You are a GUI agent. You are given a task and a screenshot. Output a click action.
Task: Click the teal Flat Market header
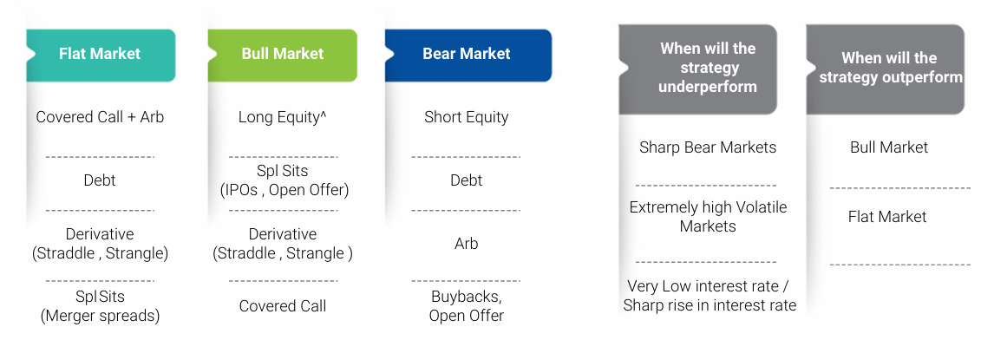[x=100, y=56]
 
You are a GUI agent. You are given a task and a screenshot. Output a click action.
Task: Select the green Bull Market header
[x=282, y=56]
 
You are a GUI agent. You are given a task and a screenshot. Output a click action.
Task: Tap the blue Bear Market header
[x=468, y=56]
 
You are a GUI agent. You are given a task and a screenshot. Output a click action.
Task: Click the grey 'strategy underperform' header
[x=698, y=69]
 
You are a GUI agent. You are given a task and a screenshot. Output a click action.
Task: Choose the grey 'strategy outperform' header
[x=886, y=69]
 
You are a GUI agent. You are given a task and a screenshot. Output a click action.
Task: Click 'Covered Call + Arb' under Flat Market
[x=100, y=117]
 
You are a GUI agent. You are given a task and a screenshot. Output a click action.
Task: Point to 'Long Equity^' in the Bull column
[x=283, y=118]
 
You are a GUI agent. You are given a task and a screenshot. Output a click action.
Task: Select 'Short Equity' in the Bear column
[x=467, y=118]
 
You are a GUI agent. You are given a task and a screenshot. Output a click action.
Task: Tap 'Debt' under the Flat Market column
[x=100, y=180]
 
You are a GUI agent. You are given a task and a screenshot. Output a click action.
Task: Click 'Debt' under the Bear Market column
[x=467, y=180]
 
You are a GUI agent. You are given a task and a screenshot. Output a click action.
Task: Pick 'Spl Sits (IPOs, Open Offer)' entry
[x=284, y=180]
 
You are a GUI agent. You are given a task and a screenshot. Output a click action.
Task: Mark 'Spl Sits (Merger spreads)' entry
[x=100, y=306]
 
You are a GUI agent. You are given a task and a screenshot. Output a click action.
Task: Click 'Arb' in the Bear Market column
[x=466, y=244]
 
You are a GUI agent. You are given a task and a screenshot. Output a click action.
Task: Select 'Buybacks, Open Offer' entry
[x=467, y=306]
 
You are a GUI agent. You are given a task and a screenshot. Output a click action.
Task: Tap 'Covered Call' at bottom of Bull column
[x=283, y=306]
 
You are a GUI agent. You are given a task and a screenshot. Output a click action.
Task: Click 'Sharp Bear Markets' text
[x=708, y=147]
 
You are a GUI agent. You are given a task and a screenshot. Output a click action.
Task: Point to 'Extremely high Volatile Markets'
[x=708, y=217]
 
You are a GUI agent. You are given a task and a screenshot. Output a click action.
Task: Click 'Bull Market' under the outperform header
[x=889, y=147]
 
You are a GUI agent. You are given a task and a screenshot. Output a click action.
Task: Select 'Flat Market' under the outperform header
[x=887, y=217]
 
